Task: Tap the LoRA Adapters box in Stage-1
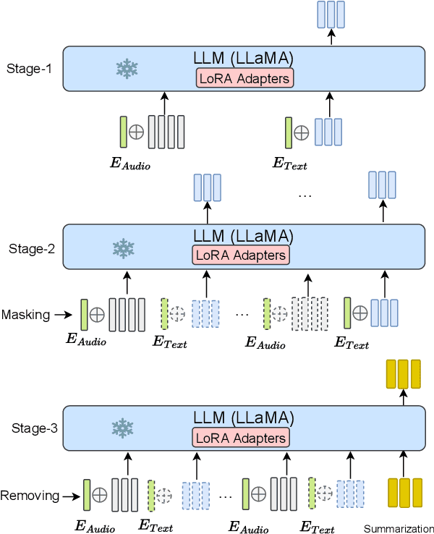click(x=243, y=79)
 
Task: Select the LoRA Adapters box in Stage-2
click(x=240, y=255)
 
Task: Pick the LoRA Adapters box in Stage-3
click(x=240, y=437)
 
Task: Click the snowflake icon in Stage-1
click(x=127, y=69)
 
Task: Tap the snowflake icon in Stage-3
click(x=124, y=428)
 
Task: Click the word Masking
click(x=25, y=315)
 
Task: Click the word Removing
click(x=28, y=496)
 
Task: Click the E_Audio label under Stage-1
click(x=130, y=165)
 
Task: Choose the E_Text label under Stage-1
click(x=289, y=165)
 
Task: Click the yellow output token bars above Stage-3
click(x=403, y=374)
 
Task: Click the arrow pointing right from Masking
click(x=64, y=315)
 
